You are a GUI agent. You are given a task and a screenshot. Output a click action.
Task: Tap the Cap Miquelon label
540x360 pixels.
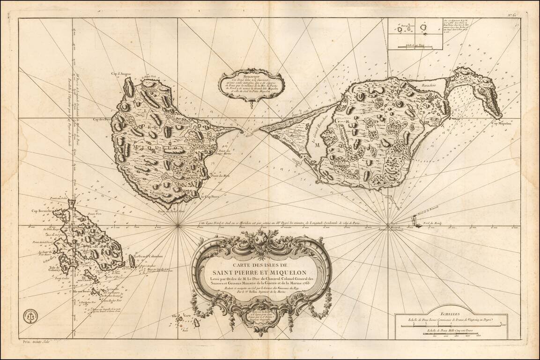click(x=501, y=124)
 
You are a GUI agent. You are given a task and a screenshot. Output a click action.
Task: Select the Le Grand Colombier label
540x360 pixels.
click(x=148, y=256)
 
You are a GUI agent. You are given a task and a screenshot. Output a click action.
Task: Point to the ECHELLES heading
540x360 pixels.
click(x=451, y=316)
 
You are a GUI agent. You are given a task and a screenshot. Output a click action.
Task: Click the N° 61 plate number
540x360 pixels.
click(x=514, y=15)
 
